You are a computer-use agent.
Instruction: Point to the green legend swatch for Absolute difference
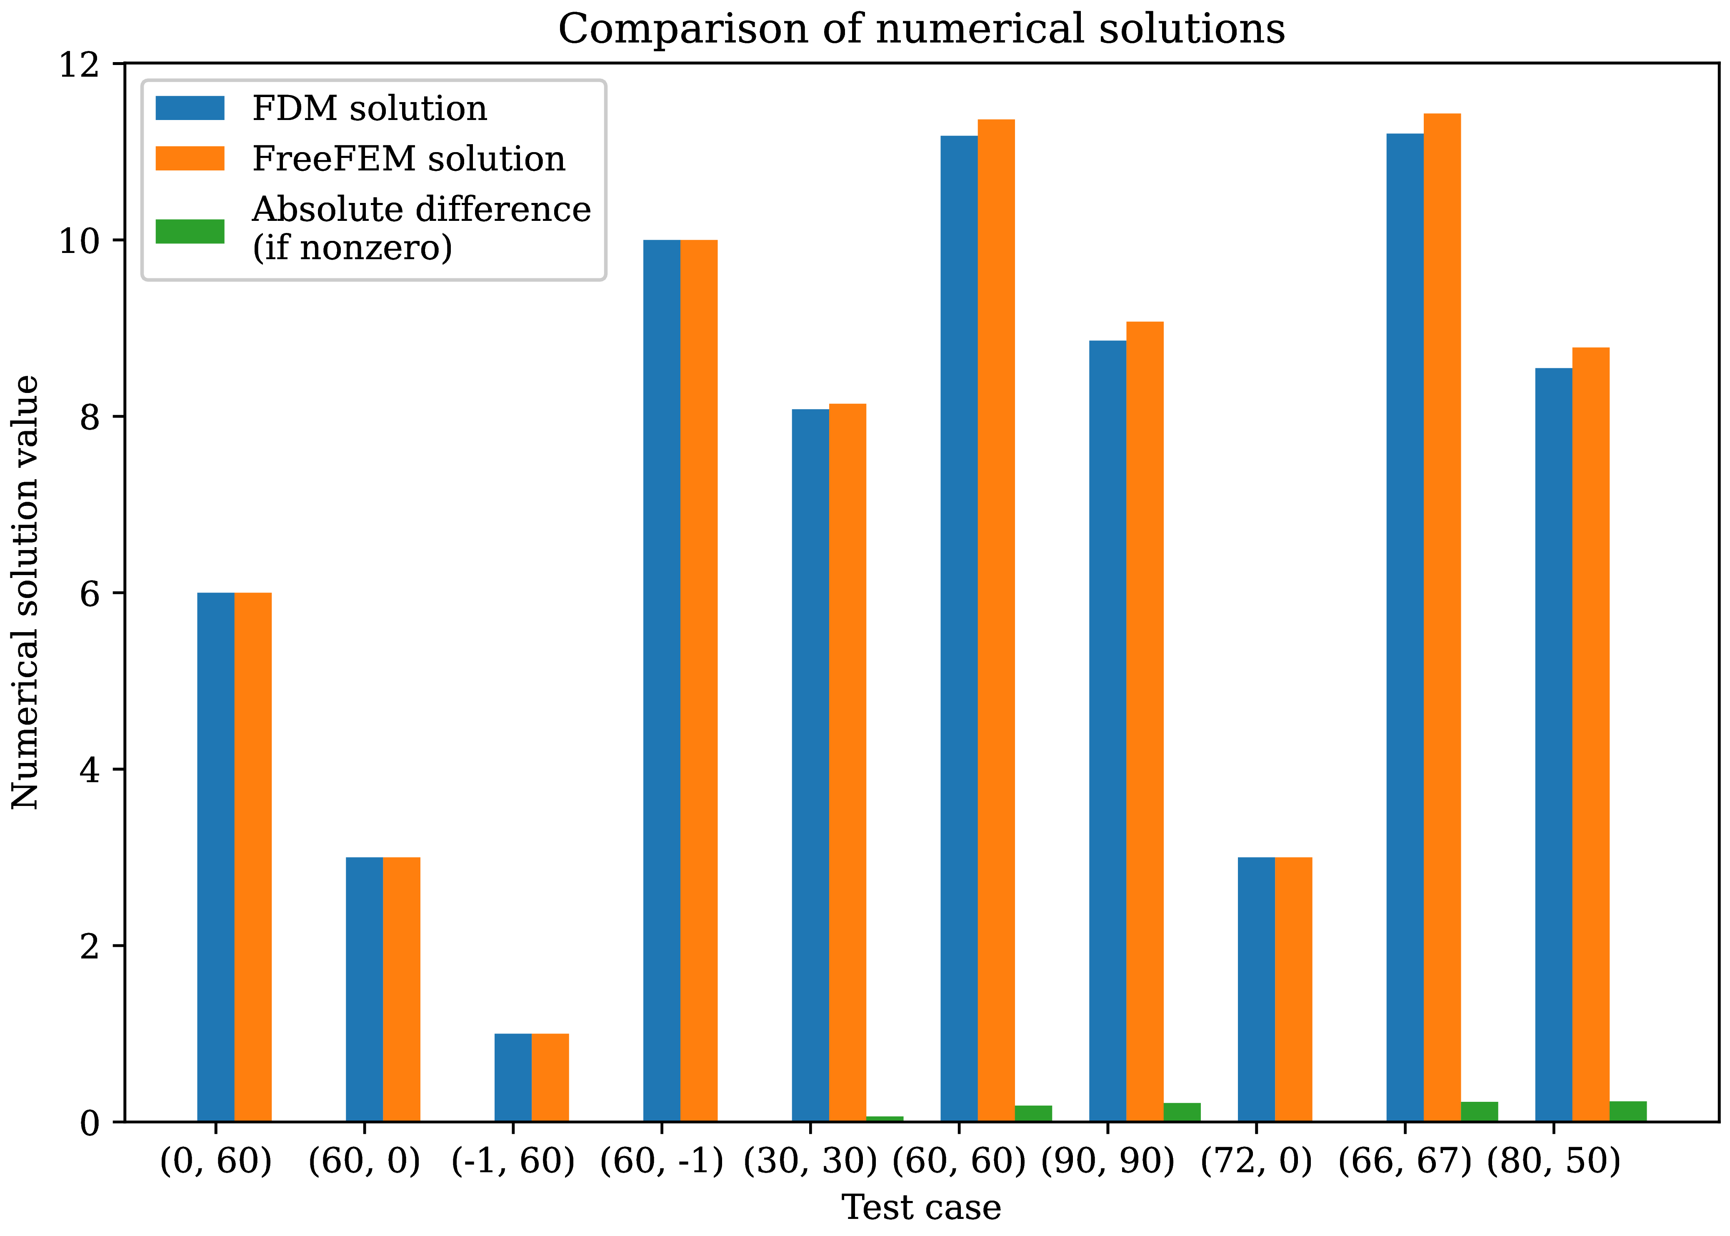point(190,231)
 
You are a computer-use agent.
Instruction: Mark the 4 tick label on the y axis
point(90,769)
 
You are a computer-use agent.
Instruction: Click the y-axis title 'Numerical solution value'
point(25,592)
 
